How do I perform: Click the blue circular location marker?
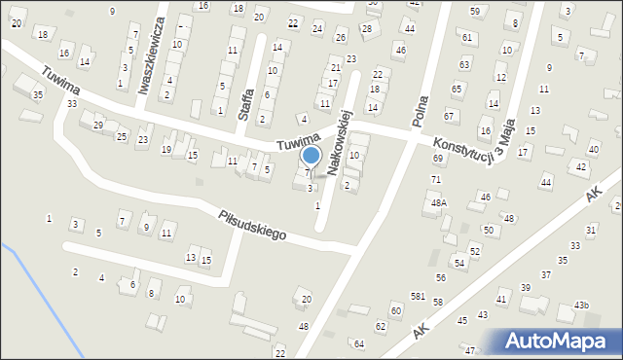pos(311,155)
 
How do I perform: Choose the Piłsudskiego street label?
pos(251,225)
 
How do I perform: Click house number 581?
pos(418,296)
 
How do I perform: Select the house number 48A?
pos(439,203)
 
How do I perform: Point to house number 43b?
pos(581,306)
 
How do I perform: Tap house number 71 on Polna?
pos(436,180)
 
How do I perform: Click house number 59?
pos(474,11)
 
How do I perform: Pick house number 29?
pos(97,126)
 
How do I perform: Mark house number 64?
pos(358,343)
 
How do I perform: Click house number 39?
pos(526,287)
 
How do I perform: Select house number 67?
pos(449,116)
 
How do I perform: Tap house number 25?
pos(122,136)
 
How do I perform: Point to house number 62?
pos(381,327)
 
